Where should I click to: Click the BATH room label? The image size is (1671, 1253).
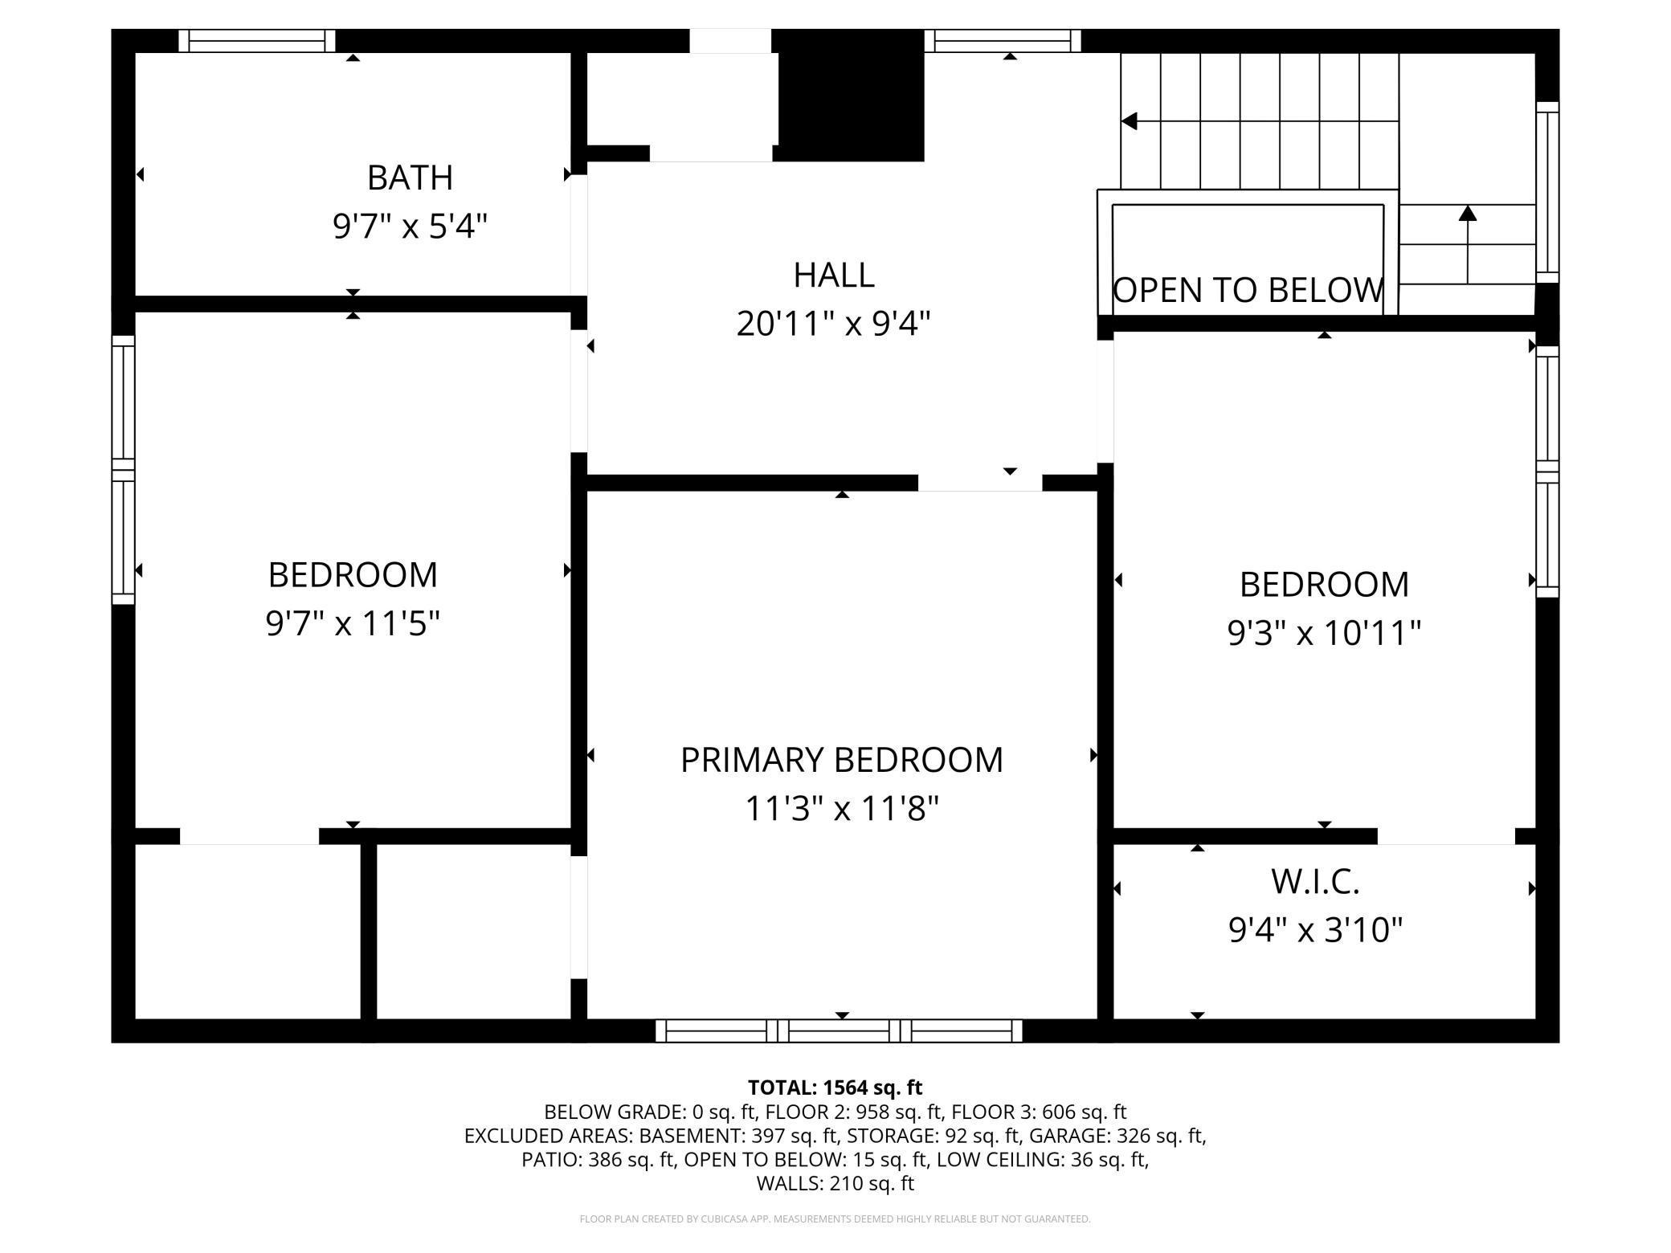(x=410, y=178)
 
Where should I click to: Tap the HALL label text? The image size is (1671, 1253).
(x=834, y=275)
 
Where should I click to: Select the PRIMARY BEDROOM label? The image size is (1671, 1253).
(x=842, y=760)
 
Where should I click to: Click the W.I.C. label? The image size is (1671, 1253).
(x=1315, y=882)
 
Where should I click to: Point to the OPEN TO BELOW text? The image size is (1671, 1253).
(x=1248, y=290)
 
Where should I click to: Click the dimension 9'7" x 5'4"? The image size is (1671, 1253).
(x=410, y=227)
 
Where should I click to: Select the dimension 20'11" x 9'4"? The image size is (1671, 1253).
(x=834, y=324)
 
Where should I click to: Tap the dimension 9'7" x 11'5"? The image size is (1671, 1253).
(x=353, y=624)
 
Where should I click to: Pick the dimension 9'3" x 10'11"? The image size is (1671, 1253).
(x=1324, y=634)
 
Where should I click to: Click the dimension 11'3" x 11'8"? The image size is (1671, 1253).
(x=842, y=809)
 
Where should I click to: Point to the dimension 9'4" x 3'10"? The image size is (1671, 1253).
(x=1315, y=931)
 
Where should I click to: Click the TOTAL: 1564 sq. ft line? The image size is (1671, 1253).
(x=835, y=1088)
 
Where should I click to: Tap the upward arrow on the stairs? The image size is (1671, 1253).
(x=1468, y=244)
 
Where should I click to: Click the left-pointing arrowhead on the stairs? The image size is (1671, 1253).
(x=1129, y=121)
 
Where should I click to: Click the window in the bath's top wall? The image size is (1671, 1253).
(x=257, y=41)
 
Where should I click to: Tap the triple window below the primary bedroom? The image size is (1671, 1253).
(x=839, y=1031)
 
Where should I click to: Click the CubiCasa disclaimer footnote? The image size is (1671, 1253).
(x=835, y=1219)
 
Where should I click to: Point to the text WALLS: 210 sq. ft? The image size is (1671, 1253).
(x=835, y=1183)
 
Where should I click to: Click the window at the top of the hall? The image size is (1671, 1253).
(x=1003, y=41)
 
